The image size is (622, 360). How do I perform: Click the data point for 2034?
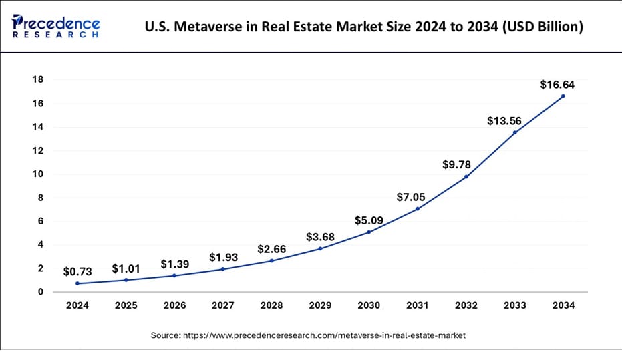click(x=563, y=96)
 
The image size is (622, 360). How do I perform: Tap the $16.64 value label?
click(x=557, y=85)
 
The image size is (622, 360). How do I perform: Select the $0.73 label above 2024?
click(x=77, y=272)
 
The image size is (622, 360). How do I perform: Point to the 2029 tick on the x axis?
click(x=320, y=305)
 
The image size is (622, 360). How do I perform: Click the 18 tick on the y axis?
click(x=38, y=80)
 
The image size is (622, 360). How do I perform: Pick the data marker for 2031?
click(x=417, y=209)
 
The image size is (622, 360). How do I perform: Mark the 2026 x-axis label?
click(x=174, y=305)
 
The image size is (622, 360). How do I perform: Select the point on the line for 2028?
click(x=271, y=260)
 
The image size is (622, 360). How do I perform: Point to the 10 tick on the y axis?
click(x=38, y=174)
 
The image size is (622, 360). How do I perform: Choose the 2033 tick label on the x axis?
click(x=514, y=305)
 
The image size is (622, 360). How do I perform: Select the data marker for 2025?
click(x=126, y=280)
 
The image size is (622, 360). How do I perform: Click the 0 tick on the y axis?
click(x=41, y=292)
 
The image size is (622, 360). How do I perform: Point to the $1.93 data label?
click(x=223, y=257)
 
